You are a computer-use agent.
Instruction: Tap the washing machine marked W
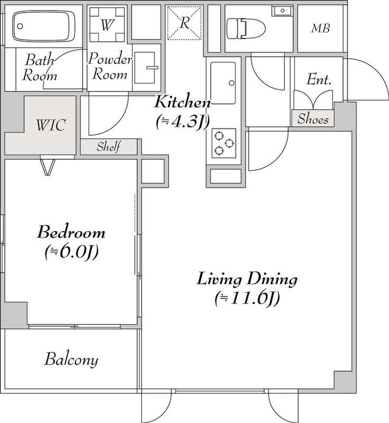(108, 24)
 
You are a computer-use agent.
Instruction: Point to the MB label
(320, 28)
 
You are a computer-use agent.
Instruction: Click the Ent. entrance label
(319, 81)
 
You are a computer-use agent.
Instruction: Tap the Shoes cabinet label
(313, 119)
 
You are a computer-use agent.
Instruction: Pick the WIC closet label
(50, 126)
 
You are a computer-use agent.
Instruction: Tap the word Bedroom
(70, 232)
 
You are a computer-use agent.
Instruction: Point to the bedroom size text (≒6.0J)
(70, 252)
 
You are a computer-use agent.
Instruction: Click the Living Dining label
(247, 278)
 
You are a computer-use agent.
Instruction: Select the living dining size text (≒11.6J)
(247, 299)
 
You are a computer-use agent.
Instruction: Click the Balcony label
(71, 360)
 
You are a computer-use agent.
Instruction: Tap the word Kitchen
(183, 102)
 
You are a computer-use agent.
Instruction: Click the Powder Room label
(110, 67)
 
